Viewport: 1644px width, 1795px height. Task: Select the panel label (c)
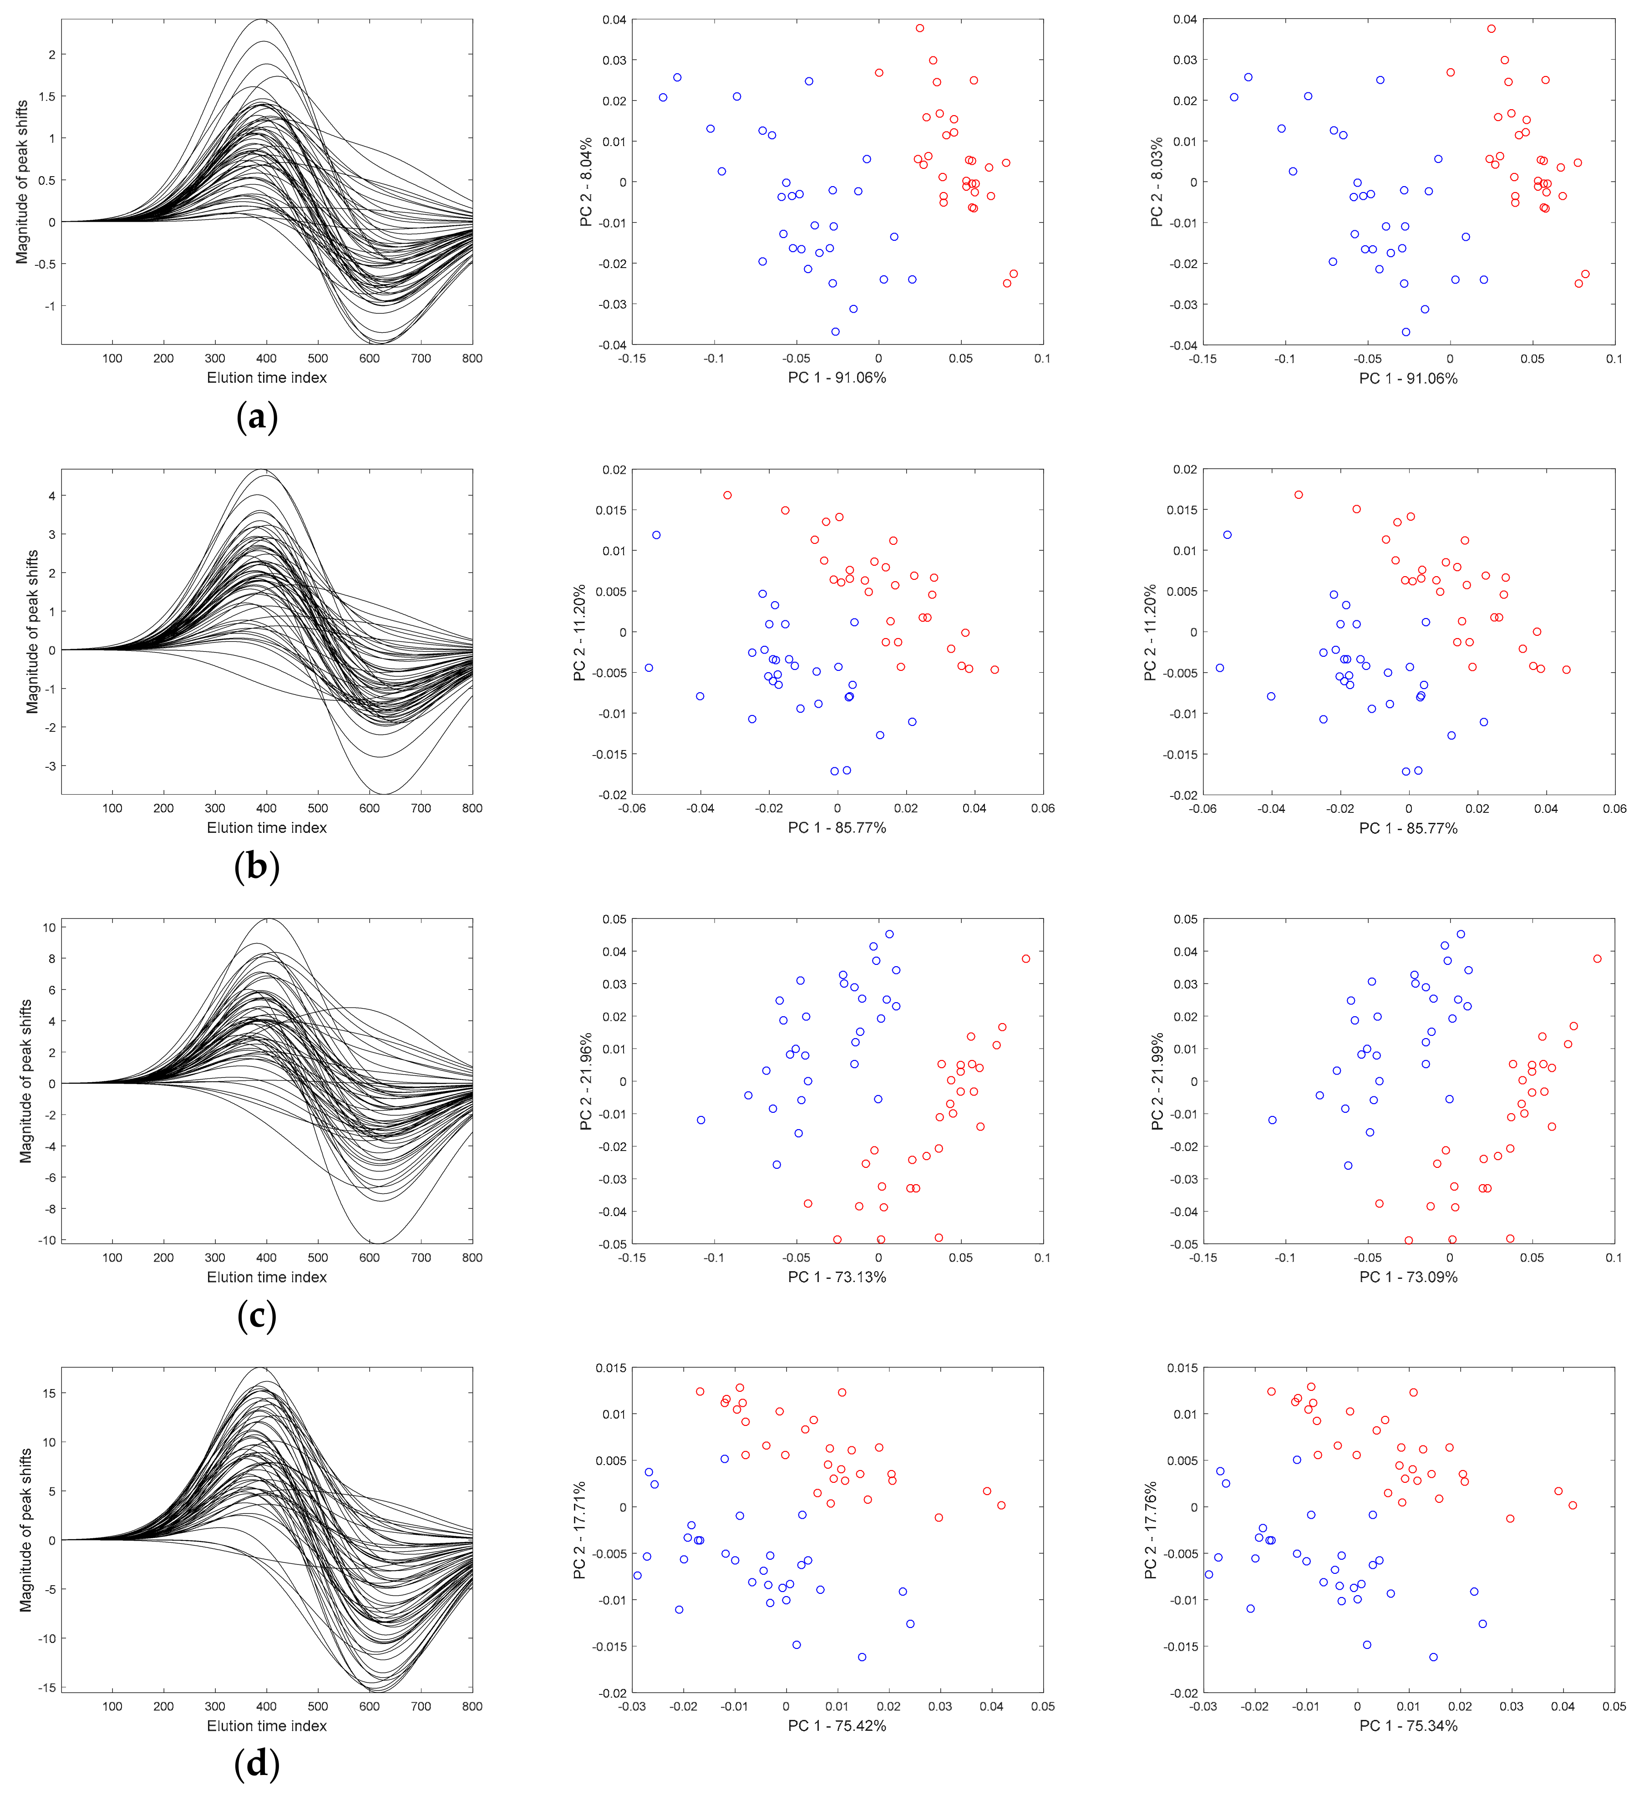(x=257, y=1316)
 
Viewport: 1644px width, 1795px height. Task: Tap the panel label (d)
(x=257, y=1764)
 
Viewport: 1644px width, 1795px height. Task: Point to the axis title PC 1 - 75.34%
(x=1408, y=1725)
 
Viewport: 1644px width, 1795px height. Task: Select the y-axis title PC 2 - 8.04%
(x=586, y=183)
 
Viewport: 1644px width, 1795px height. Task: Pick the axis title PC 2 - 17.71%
(x=580, y=1531)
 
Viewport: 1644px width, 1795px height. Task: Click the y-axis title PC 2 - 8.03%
(x=1157, y=183)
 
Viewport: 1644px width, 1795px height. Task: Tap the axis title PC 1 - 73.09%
(x=1408, y=1277)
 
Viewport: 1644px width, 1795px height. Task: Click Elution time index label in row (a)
(x=266, y=377)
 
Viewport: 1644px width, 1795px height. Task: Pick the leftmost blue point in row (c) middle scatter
(x=701, y=1120)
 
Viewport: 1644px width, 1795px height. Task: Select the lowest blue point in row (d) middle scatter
(x=862, y=1657)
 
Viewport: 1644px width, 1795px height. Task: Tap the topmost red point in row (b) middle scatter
(x=728, y=495)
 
